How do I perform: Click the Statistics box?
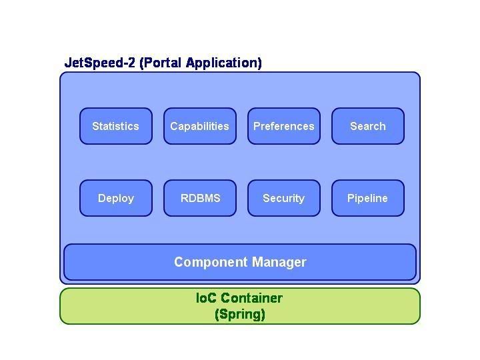tap(116, 126)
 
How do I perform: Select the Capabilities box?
tap(200, 126)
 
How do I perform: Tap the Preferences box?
tap(284, 126)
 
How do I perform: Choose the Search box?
tap(368, 126)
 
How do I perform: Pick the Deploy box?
tap(116, 198)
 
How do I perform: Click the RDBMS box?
tap(200, 198)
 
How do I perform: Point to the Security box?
tap(284, 198)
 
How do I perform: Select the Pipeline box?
tap(368, 198)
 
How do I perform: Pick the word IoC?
tap(207, 298)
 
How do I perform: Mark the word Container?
tap(251, 298)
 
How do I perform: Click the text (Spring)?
tap(240, 314)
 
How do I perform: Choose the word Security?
tap(284, 198)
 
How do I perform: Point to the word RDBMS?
tap(200, 198)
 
